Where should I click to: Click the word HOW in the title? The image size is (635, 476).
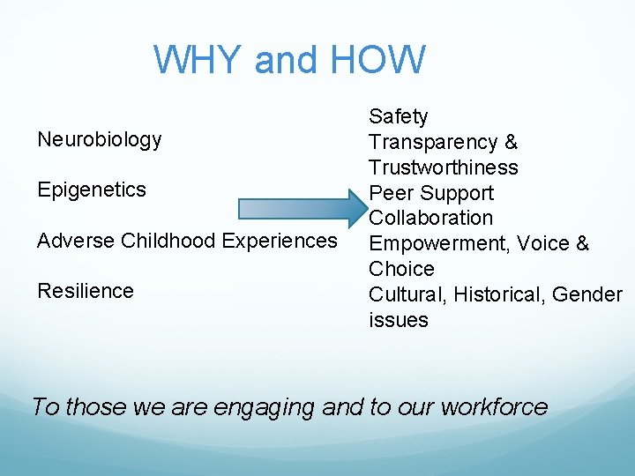pos(379,60)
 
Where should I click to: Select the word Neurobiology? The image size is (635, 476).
pos(100,139)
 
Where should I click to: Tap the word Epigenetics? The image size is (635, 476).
pos(92,190)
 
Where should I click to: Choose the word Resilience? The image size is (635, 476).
pos(86,291)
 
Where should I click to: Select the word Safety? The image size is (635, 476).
pos(398,116)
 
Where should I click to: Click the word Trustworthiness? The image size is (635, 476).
pos(443,167)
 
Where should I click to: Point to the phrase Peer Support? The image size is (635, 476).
pos(430,193)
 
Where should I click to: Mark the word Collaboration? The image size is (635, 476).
pos(430,218)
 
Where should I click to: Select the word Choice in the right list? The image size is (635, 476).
pos(401,269)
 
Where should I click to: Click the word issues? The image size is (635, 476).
pos(398,320)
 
